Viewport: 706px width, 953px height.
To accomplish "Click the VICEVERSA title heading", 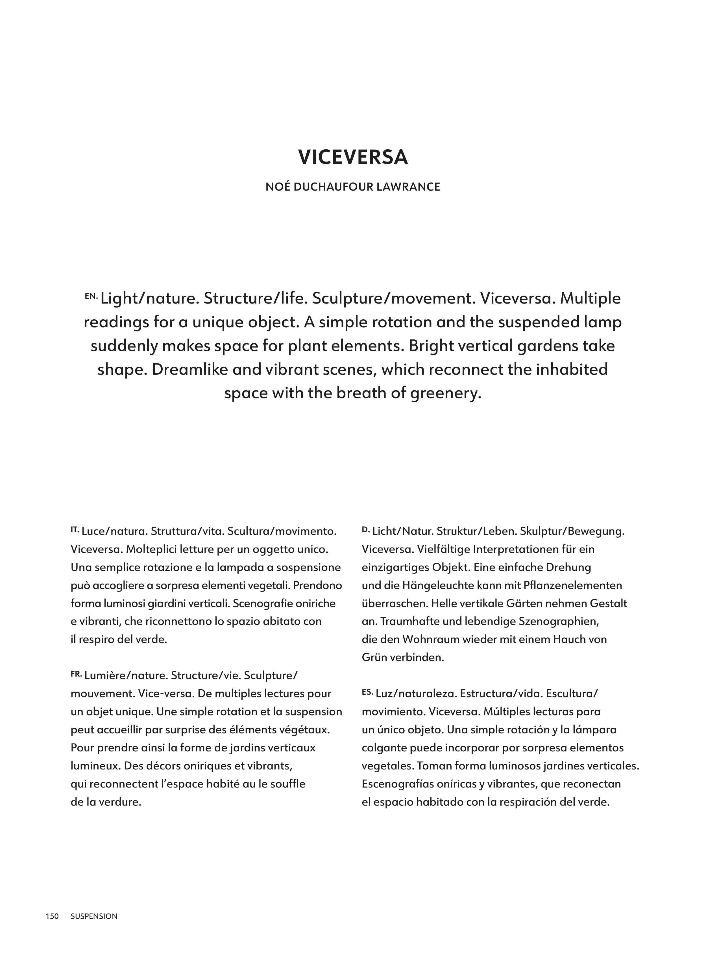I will tap(352, 157).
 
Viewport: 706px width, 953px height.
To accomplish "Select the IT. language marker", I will tap(75, 529).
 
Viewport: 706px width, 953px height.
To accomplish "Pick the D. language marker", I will tap(365, 529).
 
